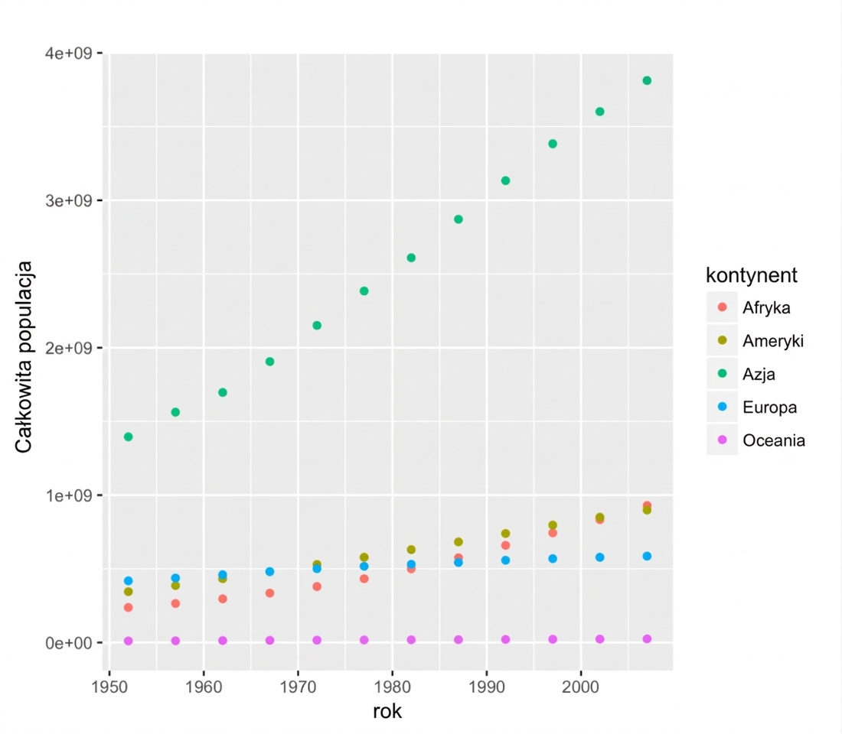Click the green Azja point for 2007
click(x=647, y=80)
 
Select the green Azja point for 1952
click(x=129, y=437)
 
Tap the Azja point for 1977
click(x=364, y=291)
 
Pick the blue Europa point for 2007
click(x=647, y=557)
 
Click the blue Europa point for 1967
click(x=269, y=571)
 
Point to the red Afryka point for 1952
click(x=129, y=607)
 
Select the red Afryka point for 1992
click(x=505, y=545)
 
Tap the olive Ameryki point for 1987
click(x=458, y=542)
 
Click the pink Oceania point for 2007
click(x=647, y=639)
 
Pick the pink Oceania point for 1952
click(x=129, y=641)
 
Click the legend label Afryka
click(x=766, y=308)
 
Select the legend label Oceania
click(x=774, y=440)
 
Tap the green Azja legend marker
click(x=723, y=373)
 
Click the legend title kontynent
click(x=751, y=275)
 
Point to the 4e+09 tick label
click(x=68, y=53)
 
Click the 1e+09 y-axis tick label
click(x=68, y=495)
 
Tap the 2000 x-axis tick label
click(x=580, y=687)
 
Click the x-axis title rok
click(x=387, y=712)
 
